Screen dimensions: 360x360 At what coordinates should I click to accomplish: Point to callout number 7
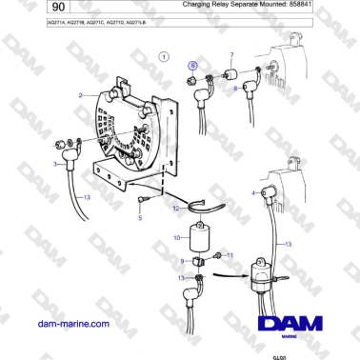[230, 56]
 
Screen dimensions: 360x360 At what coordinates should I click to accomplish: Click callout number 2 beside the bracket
[82, 94]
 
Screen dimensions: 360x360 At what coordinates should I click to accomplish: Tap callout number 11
[230, 254]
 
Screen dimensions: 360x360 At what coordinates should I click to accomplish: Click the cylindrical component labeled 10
[201, 235]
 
